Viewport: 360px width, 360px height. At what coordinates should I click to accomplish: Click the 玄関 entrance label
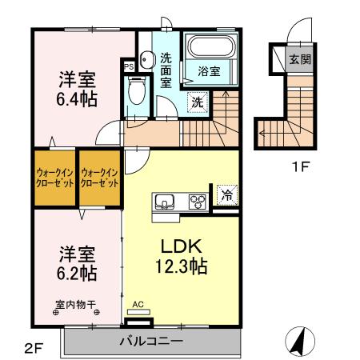299,58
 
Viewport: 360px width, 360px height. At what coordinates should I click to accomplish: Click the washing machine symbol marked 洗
196,102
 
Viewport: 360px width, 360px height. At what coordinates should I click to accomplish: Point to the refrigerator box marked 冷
226,194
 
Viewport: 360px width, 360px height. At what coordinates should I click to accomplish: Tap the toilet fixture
138,91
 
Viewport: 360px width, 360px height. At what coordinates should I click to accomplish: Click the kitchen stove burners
195,202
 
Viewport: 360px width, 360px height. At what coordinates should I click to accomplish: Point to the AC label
138,304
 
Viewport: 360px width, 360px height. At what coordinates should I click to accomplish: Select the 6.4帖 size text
77,101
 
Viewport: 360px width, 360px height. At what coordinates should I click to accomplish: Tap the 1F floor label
299,167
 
